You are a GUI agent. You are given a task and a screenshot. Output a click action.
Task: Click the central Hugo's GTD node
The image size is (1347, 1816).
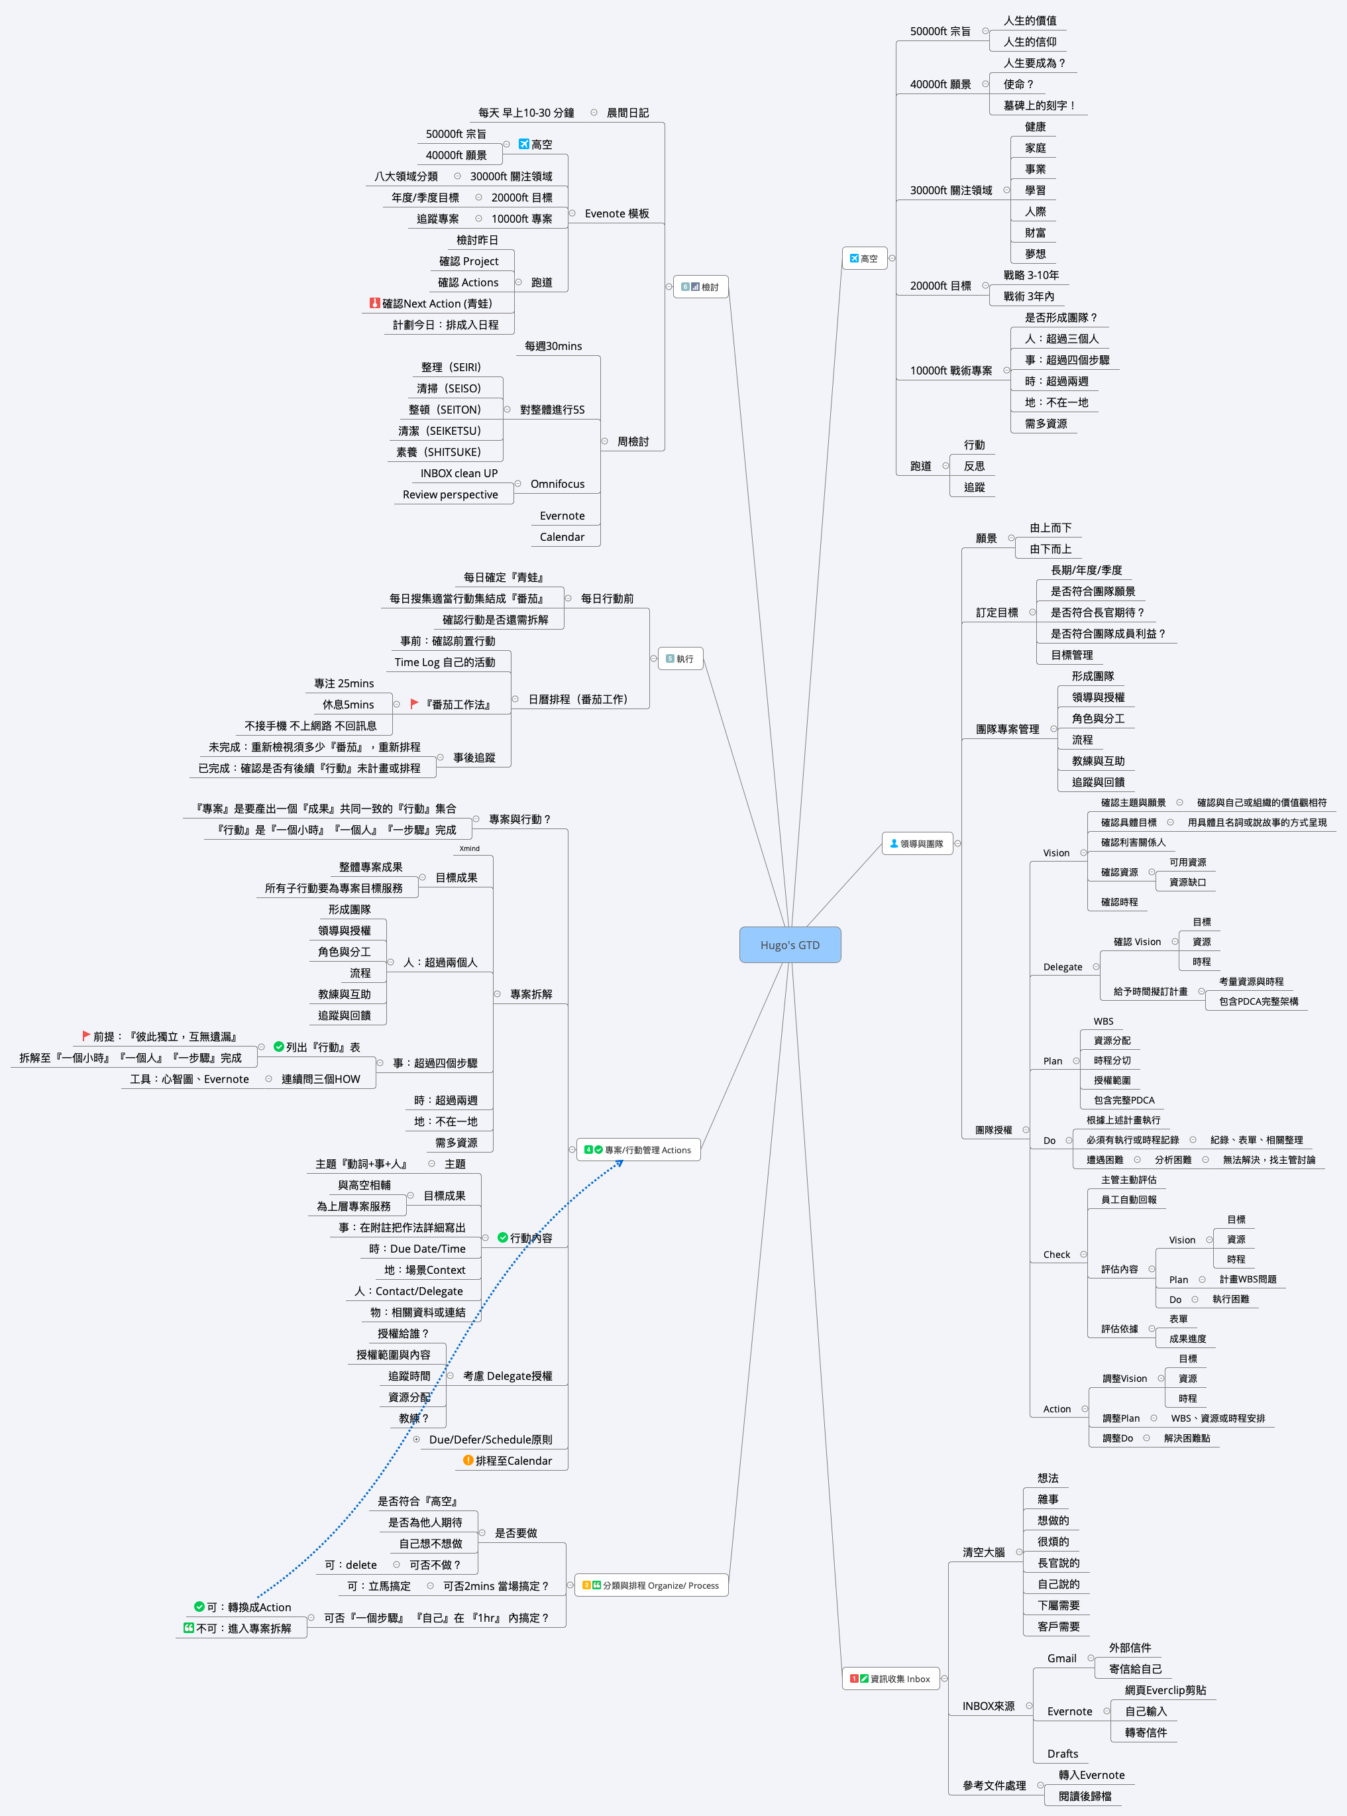point(789,944)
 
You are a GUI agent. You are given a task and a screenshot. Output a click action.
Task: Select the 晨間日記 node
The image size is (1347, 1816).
point(627,113)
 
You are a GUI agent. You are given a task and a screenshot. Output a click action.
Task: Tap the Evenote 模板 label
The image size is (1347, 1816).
point(616,213)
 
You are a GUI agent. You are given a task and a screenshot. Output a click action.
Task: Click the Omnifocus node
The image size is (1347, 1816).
point(557,484)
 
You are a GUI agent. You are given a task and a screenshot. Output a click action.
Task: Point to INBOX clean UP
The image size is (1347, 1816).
point(458,473)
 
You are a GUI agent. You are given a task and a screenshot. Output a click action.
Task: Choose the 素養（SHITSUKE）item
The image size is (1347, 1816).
point(439,452)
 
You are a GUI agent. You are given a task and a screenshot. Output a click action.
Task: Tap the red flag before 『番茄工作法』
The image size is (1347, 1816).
point(414,704)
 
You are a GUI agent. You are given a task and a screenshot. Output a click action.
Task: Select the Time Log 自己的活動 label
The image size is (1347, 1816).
point(445,662)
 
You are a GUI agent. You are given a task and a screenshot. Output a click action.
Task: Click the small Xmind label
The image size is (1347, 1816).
point(470,848)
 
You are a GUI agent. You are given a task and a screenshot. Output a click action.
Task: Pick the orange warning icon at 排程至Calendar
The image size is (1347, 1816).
point(468,1459)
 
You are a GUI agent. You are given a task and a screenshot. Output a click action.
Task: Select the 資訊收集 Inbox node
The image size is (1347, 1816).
point(890,1678)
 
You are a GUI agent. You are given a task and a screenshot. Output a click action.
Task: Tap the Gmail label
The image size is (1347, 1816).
point(1061,1658)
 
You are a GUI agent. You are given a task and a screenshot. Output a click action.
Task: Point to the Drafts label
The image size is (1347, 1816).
point(1063,1753)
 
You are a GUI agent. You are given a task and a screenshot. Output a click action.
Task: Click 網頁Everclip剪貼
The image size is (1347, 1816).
point(1165,1689)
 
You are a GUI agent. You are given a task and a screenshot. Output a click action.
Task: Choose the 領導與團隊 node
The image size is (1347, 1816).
point(917,843)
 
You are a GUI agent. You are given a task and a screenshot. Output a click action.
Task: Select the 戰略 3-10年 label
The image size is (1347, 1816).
point(1031,275)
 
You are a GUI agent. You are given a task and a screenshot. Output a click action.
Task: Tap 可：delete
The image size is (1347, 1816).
point(350,1564)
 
